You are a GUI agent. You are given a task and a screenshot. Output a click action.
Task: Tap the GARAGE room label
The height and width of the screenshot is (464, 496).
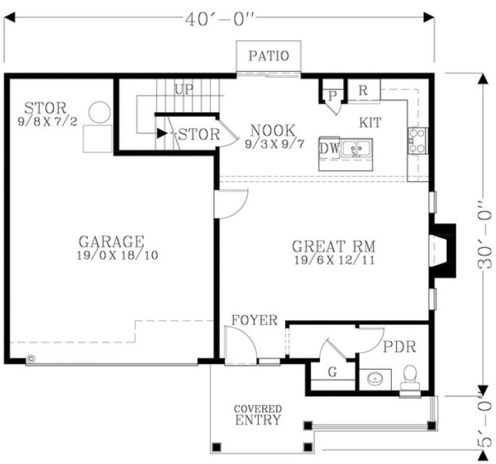pos(111,242)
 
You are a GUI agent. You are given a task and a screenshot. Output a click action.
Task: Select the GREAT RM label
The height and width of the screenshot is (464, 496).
pos(334,247)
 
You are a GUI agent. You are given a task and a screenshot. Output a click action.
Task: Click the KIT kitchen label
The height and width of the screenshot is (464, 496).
pos(370,123)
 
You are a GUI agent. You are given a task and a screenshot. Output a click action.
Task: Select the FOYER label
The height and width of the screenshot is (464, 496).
pos(255,321)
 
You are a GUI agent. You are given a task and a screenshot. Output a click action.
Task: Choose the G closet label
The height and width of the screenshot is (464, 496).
pos(333,372)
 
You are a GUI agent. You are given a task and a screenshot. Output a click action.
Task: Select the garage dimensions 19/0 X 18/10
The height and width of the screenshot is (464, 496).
pos(117,256)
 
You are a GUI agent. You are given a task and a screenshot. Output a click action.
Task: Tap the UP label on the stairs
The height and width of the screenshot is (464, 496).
pos(184,89)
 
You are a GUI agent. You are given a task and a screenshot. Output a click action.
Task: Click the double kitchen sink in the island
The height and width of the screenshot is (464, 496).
pos(360,149)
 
